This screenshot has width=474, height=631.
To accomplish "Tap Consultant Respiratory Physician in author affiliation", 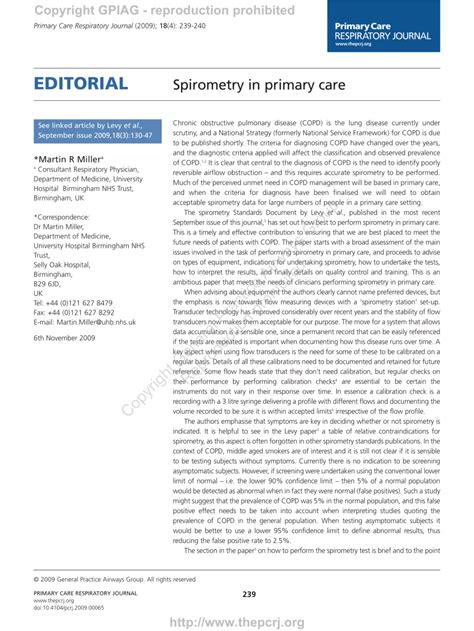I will [91, 170].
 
